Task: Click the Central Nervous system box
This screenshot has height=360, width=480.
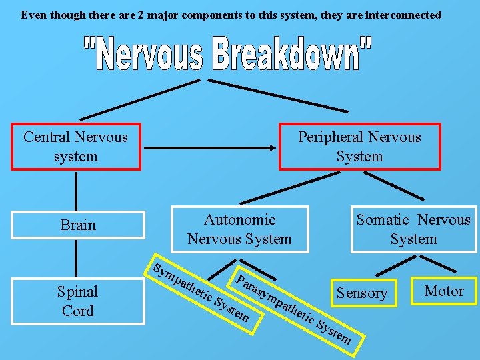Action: tap(75, 147)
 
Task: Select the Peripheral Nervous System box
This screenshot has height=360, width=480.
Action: tap(359, 147)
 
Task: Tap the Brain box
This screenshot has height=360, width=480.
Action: tap(78, 225)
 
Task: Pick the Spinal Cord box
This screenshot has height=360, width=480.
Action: tap(78, 301)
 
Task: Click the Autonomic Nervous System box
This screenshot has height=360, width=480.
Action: tap(240, 229)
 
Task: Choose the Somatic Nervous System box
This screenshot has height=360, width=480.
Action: tap(413, 229)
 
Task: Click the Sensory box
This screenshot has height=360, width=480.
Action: tap(362, 293)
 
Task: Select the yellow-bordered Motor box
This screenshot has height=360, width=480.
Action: tap(444, 291)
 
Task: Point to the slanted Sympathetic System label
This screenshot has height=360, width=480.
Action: tap(200, 294)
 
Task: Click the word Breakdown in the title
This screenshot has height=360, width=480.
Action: tap(293, 54)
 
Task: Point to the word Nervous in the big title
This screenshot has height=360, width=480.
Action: tap(146, 54)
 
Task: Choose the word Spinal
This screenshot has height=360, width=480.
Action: tap(78, 291)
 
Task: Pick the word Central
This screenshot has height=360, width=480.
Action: tap(47, 137)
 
